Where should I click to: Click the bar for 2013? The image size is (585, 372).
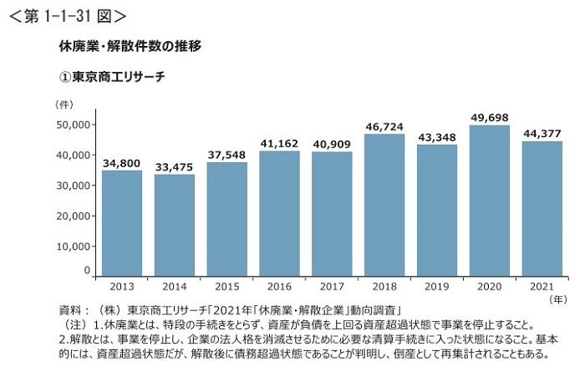(122, 222)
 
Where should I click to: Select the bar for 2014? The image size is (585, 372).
(175, 225)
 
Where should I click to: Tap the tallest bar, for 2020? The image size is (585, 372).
(490, 200)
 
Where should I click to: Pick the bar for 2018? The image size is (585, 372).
(384, 204)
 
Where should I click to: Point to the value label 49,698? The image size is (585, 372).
(490, 117)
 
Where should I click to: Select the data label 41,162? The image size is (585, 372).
(280, 144)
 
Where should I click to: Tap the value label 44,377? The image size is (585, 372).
(542, 134)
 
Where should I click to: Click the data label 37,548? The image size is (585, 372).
(227, 155)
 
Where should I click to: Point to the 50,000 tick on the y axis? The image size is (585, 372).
(74, 125)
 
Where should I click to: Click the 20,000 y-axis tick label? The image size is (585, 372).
(74, 216)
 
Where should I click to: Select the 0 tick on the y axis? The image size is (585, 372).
(86, 271)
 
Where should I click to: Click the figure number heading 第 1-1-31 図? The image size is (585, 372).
(67, 15)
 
